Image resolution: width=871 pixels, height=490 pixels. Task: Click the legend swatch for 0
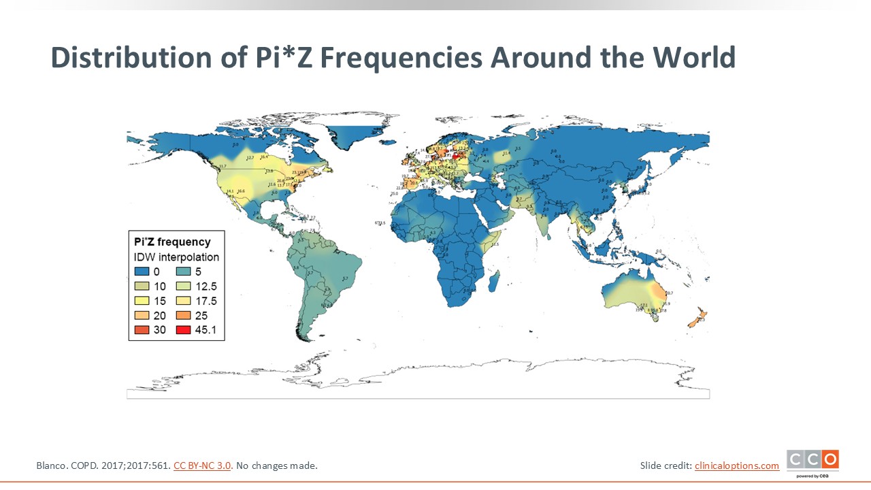point(141,272)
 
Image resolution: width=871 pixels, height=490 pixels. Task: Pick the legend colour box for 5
point(184,272)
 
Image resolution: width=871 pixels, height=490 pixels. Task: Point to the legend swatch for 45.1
point(184,331)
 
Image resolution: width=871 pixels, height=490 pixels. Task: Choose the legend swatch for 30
point(141,331)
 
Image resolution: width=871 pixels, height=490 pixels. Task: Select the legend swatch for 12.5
point(184,287)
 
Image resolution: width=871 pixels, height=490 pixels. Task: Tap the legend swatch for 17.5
point(184,301)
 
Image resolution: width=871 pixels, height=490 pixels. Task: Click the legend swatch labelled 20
point(141,316)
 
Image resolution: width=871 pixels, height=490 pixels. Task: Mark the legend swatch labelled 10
point(141,287)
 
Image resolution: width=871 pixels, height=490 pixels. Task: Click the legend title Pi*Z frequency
point(171,242)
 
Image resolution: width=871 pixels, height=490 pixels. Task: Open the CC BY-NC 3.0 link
point(203,466)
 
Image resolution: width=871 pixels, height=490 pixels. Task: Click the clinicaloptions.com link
point(737,466)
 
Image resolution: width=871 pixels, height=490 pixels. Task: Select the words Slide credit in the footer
point(664,466)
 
